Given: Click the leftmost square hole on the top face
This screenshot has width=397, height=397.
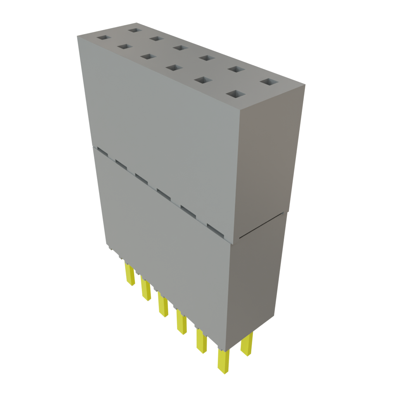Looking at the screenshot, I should pos(104,38).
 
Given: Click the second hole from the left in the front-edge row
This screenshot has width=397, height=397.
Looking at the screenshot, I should pos(124,47).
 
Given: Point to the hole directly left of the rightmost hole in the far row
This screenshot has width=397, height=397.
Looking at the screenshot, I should pos(235,69).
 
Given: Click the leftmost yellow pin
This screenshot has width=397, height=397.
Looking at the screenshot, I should pos(129,273).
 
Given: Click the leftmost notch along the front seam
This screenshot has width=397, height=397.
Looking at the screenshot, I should pos(102,150).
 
